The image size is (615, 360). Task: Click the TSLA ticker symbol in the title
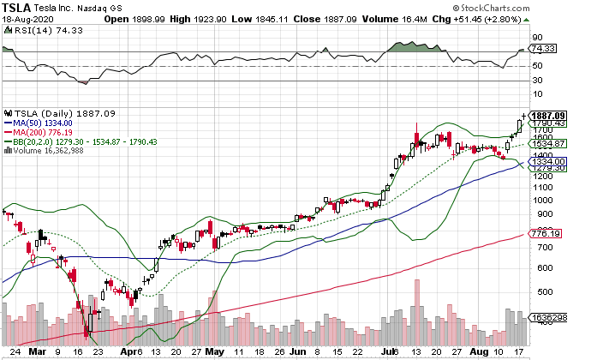[19, 7]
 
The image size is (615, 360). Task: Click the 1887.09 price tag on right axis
[573, 116]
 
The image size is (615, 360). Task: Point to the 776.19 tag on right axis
[568, 234]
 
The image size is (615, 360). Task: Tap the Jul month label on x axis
[394, 351]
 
